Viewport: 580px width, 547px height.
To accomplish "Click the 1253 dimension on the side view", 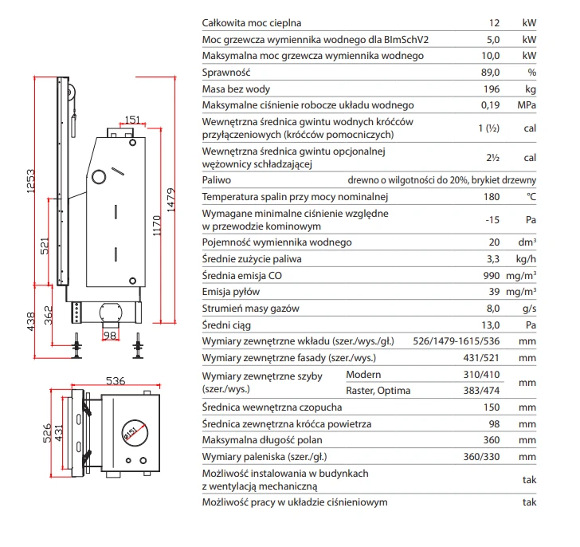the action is click(31, 181).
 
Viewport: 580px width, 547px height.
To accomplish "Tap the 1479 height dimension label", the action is click(170, 200).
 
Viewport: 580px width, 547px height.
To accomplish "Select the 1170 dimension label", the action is click(157, 226).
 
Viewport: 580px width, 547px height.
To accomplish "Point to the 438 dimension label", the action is click(31, 321).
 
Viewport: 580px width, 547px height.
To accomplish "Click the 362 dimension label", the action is click(49, 315).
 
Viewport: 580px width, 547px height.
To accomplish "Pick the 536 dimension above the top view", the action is click(116, 380).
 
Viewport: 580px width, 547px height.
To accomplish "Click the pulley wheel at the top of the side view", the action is click(70, 92).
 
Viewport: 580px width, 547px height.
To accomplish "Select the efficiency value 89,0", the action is click(490, 73).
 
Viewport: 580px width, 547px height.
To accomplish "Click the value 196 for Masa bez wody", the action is click(492, 89).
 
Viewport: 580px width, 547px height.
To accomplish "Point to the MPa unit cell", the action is click(527, 105).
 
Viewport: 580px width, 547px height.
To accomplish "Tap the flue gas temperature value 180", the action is click(492, 196).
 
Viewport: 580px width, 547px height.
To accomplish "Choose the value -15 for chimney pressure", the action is click(492, 220).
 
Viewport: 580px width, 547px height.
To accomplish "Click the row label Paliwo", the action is click(217, 180).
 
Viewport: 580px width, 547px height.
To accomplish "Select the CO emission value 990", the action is click(492, 275).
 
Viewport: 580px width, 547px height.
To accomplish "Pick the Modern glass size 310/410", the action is click(481, 375).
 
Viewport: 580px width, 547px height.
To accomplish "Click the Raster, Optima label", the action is click(378, 391).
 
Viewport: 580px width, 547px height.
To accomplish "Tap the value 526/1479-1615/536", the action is click(456, 341).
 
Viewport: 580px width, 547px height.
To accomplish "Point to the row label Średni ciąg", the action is click(226, 325).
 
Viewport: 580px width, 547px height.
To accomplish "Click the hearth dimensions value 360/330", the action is click(481, 457).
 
